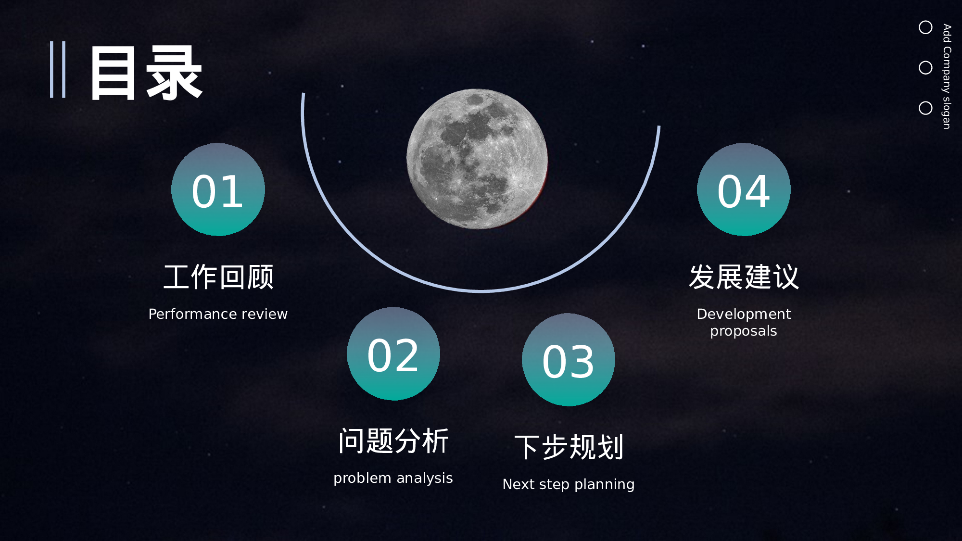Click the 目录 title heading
pyautogui.click(x=146, y=73)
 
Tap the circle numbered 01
pyautogui.click(x=218, y=189)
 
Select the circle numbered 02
pyautogui.click(x=393, y=353)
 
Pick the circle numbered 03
pyautogui.click(x=569, y=360)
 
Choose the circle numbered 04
pyautogui.click(x=744, y=189)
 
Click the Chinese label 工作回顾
pyautogui.click(x=218, y=277)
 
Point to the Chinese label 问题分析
pyautogui.click(x=393, y=441)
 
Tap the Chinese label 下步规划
pyautogui.click(x=569, y=447)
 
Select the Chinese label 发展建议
pyautogui.click(x=744, y=277)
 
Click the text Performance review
pyautogui.click(x=218, y=314)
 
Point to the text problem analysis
pyautogui.click(x=393, y=478)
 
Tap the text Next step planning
pyautogui.click(x=569, y=484)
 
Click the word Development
pyautogui.click(x=744, y=314)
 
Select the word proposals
pyautogui.click(x=744, y=331)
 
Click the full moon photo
pyautogui.click(x=477, y=159)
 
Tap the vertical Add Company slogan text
pyautogui.click(x=947, y=76)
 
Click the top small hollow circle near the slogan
pyautogui.click(x=925, y=27)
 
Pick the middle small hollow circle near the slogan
pyautogui.click(x=925, y=68)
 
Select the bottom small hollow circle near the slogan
pyautogui.click(x=925, y=108)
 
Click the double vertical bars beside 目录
pyautogui.click(x=58, y=70)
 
